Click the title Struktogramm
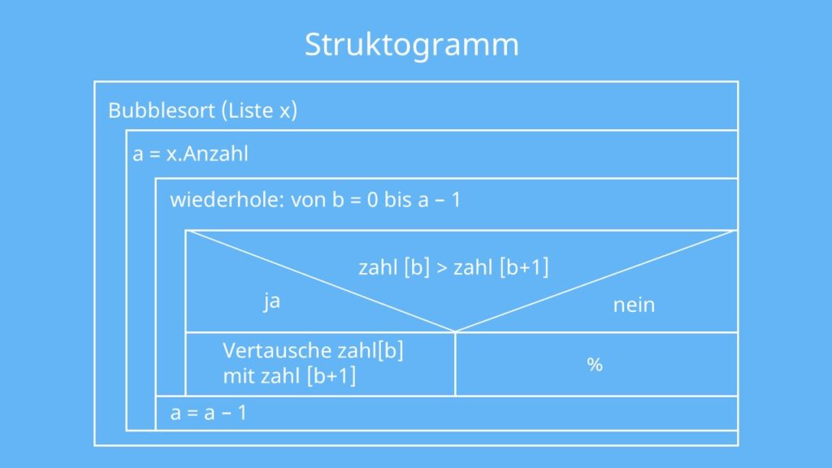click(x=412, y=45)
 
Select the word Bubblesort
click(x=162, y=110)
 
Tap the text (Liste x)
click(x=259, y=110)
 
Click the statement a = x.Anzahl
click(x=190, y=154)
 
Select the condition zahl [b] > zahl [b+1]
click(x=453, y=266)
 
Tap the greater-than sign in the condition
click(x=442, y=268)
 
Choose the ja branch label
click(x=271, y=301)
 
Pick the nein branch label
click(x=634, y=305)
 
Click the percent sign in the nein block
click(x=595, y=365)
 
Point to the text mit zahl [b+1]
click(x=290, y=376)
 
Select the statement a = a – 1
click(x=209, y=413)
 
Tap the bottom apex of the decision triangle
click(x=455, y=332)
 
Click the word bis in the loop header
click(x=398, y=200)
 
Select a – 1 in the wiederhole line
click(x=439, y=201)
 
